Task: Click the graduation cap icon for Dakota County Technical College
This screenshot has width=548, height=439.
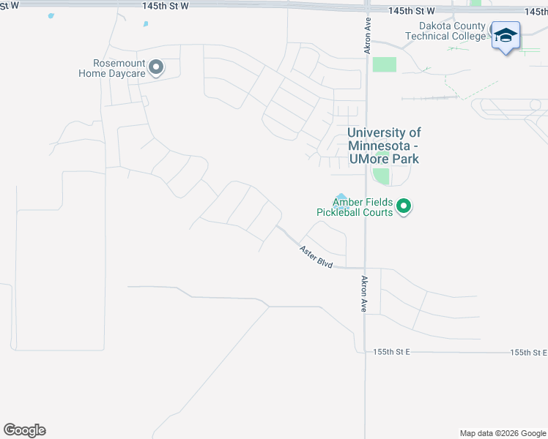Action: click(x=506, y=35)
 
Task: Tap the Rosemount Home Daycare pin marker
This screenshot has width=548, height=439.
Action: click(x=156, y=67)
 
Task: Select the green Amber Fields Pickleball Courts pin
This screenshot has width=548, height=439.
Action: click(x=404, y=208)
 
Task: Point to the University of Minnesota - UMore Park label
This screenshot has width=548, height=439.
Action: click(x=384, y=145)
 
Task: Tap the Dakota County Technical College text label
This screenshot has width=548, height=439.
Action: click(x=447, y=31)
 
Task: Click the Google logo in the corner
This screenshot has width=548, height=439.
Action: click(x=24, y=430)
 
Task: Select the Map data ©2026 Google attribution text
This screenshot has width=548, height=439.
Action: click(x=503, y=433)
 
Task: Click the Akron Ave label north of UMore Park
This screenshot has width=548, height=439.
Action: click(x=369, y=36)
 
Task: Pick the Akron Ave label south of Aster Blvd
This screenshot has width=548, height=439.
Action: click(x=363, y=295)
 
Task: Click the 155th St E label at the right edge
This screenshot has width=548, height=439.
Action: click(x=530, y=352)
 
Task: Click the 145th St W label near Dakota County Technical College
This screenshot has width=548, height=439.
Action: click(x=412, y=11)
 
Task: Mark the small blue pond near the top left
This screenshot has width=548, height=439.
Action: click(x=146, y=24)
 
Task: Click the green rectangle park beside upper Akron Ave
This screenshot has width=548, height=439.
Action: click(x=384, y=64)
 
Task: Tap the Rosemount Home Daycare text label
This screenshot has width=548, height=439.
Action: click(x=113, y=68)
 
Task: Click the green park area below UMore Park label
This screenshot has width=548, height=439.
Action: click(x=381, y=176)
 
